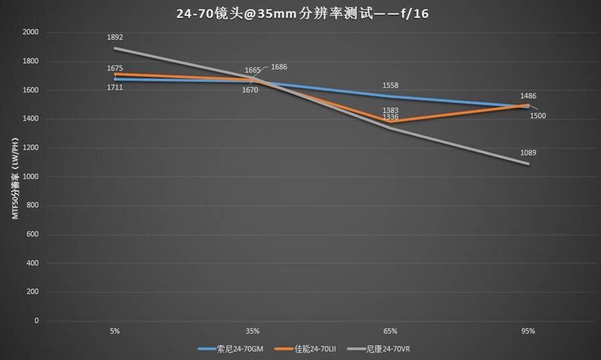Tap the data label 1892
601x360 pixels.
point(115,37)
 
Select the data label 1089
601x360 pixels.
point(528,153)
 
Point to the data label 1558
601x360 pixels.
point(391,86)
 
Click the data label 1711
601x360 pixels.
point(115,87)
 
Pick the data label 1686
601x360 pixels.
point(279,67)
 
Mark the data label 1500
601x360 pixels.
point(538,116)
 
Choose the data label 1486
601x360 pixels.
point(528,96)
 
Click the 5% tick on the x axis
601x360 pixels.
point(115,331)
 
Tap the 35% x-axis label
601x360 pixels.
point(252,331)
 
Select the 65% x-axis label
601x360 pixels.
point(391,331)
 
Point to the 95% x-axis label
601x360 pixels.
point(528,331)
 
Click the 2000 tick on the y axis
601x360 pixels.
point(31,32)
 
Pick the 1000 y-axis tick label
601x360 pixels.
point(31,177)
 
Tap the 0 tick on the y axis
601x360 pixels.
point(37,321)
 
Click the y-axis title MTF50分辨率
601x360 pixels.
point(14,177)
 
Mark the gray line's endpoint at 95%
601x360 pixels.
point(528,164)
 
